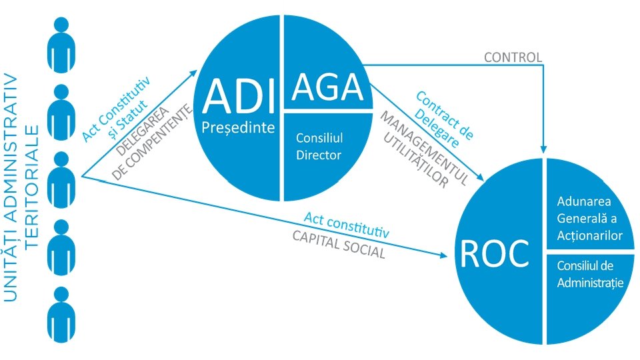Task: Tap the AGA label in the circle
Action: coord(327,87)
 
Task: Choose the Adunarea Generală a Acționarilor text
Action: coord(590,218)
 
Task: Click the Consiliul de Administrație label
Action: coord(590,273)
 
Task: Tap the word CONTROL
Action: coord(513,57)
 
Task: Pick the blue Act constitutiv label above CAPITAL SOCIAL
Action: coord(346,225)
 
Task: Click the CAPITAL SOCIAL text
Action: coord(338,245)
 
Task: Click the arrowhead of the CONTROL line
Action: coord(545,151)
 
